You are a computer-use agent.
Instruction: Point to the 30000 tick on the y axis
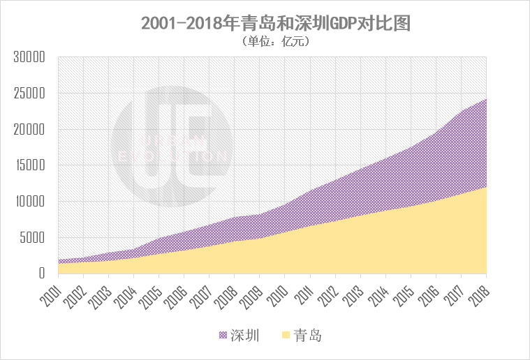click(30, 57)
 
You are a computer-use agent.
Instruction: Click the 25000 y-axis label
click(30, 93)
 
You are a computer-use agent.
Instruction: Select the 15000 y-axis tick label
click(30, 166)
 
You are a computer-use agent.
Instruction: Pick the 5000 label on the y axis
click(33, 238)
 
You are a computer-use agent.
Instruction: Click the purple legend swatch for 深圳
click(223, 336)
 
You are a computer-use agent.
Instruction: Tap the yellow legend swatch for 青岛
click(286, 336)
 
